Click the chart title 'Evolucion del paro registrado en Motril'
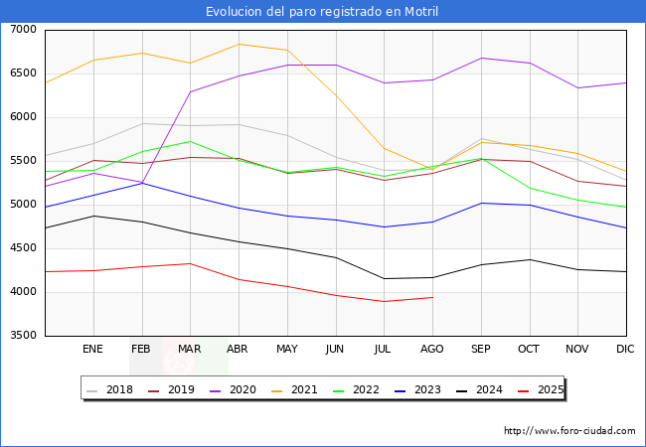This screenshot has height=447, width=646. tap(322, 12)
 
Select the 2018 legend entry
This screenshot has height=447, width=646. tap(110, 389)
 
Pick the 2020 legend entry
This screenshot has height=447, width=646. tap(234, 389)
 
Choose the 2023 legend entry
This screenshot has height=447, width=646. tap(418, 389)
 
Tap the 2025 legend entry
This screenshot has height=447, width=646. tap(541, 389)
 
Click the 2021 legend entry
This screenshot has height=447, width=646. tap(295, 389)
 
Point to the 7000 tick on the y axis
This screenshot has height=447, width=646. tap(24, 30)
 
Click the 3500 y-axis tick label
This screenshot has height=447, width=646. tap(24, 336)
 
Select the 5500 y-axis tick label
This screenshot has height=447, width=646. tap(24, 161)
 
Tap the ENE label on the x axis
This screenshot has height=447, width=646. tap(92, 349)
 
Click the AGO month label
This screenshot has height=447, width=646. tap(431, 349)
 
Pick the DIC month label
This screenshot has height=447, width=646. tap(625, 349)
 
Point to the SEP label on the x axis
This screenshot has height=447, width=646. tap(481, 349)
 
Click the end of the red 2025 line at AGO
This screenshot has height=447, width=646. tap(432, 297)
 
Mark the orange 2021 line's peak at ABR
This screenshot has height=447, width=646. tap(239, 44)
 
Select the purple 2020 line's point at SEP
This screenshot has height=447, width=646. tap(481, 58)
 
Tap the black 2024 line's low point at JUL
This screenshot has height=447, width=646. tap(385, 279)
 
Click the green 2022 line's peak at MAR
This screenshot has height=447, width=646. tap(191, 142)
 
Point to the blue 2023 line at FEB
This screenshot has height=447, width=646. tap(142, 183)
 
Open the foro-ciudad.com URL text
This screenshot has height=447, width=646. tap(569, 431)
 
